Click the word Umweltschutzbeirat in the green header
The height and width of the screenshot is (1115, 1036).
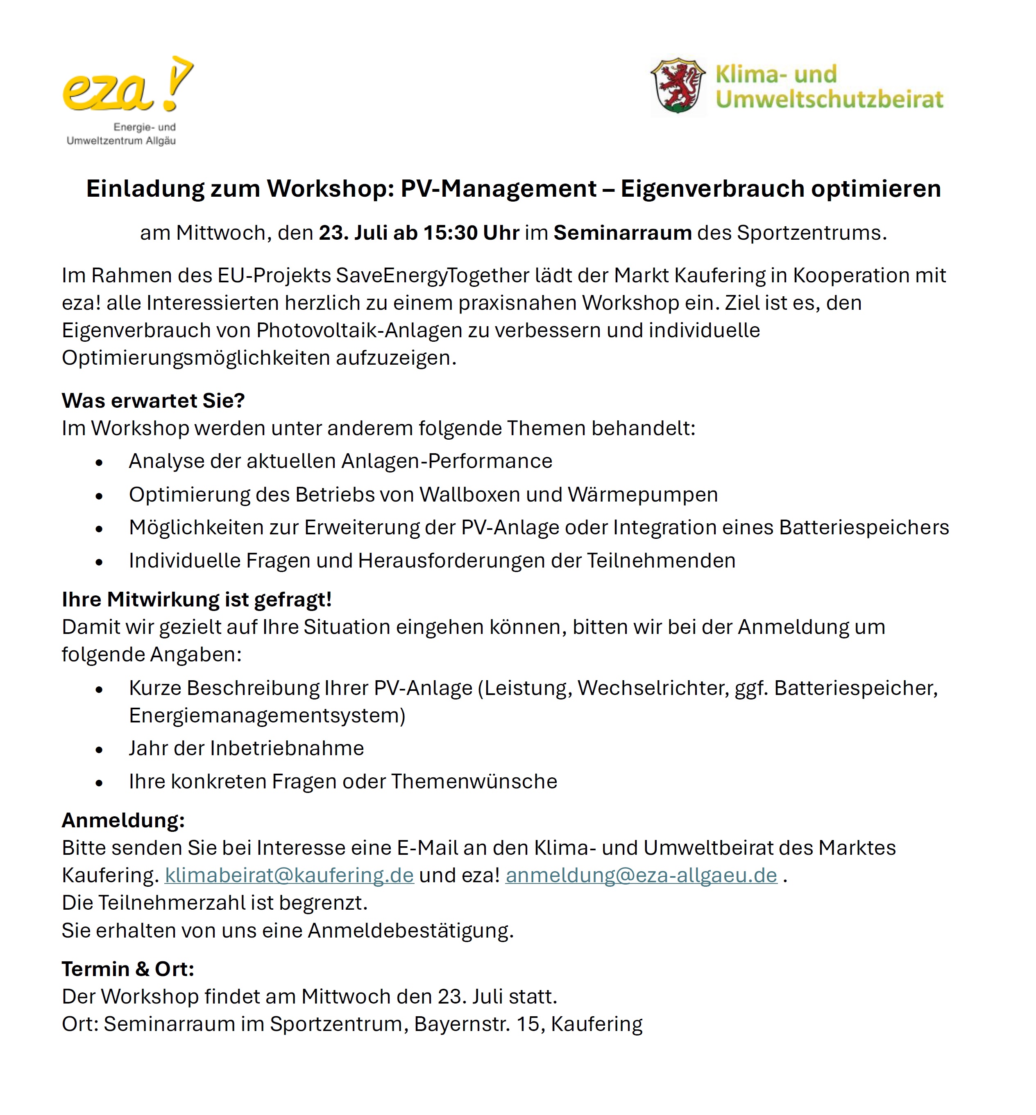point(829,99)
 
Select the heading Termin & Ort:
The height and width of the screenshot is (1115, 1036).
point(128,969)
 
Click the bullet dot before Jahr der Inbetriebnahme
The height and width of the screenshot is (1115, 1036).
point(99,750)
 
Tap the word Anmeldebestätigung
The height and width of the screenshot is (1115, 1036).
point(410,931)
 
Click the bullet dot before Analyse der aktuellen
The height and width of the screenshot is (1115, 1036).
point(99,463)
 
